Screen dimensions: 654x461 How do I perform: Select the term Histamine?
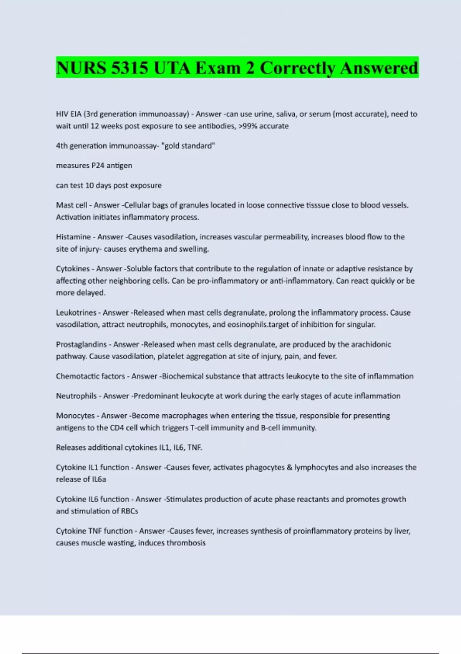(x=73, y=237)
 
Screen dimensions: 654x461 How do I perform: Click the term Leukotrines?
(x=76, y=312)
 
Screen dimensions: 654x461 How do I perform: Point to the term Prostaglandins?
(x=81, y=344)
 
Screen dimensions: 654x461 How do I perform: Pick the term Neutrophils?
(x=76, y=396)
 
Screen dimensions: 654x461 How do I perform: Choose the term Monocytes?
(x=75, y=415)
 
